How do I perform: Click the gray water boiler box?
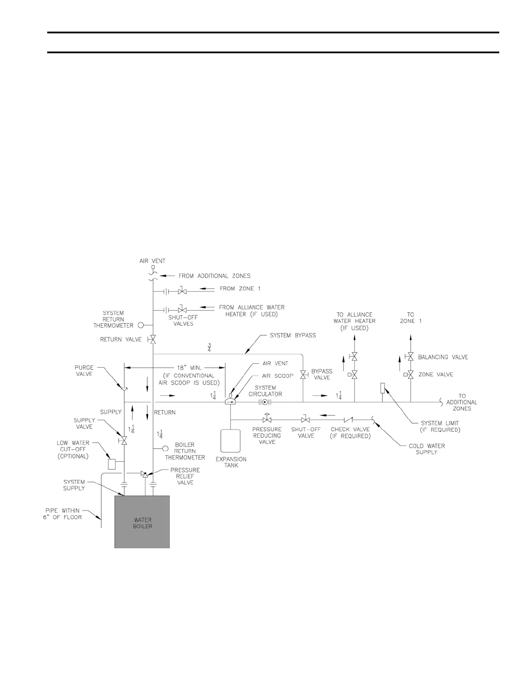(x=142, y=521)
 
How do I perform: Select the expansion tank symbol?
(x=231, y=441)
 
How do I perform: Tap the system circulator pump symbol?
(x=265, y=402)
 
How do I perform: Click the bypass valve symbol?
(x=303, y=374)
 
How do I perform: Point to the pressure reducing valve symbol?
(x=267, y=419)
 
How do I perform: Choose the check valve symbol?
(x=348, y=419)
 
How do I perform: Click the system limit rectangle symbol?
(x=382, y=388)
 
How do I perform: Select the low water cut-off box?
(x=112, y=464)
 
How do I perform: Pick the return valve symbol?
(x=153, y=340)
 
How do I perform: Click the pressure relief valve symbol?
(x=145, y=475)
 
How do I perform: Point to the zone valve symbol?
(x=410, y=375)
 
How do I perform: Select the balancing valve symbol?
(x=410, y=357)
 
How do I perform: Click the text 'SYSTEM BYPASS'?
(x=293, y=335)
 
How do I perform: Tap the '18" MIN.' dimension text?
(x=190, y=368)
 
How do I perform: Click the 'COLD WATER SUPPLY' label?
(x=427, y=449)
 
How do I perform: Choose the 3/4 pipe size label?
(x=209, y=347)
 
